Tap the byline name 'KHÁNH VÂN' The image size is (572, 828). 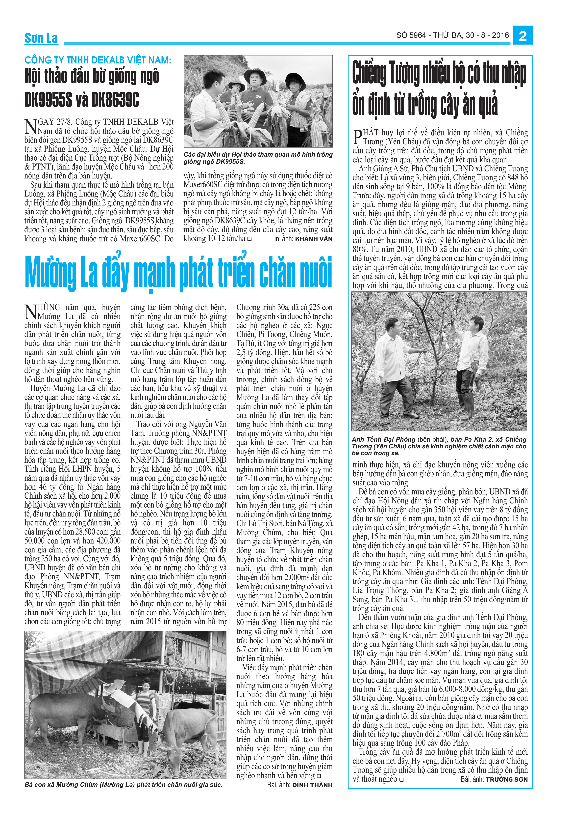point(314,239)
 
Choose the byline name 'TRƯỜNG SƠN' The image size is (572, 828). point(507,779)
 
